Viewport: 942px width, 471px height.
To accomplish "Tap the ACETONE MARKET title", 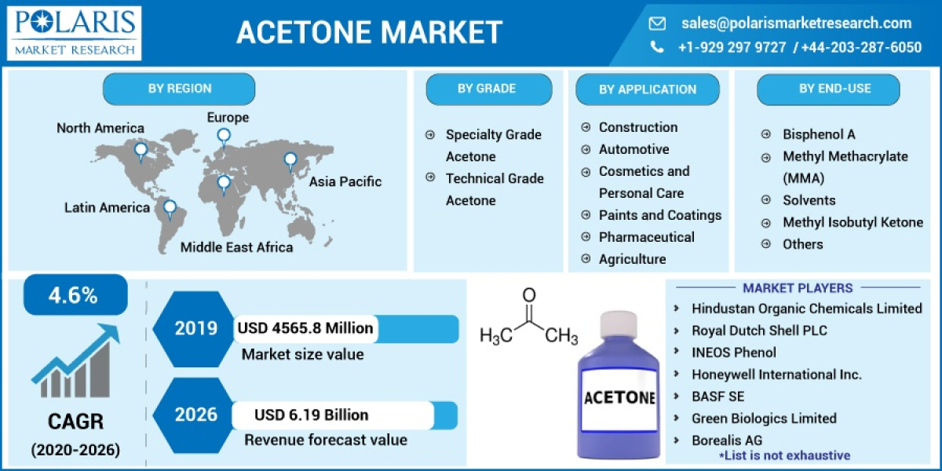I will coord(369,33).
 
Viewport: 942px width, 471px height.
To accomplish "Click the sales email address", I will coord(796,23).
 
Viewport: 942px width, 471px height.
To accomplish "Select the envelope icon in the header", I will coord(657,24).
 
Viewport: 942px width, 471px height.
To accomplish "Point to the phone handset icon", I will coord(657,47).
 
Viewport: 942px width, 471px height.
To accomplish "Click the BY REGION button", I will coord(179,89).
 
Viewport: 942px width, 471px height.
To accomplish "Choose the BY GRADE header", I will coord(487,89).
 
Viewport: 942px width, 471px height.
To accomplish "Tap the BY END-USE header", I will coord(834,89).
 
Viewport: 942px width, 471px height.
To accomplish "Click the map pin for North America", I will coord(141,149).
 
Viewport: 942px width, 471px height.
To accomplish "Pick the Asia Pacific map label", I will coord(345,182).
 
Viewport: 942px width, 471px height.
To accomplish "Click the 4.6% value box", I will coord(74,295).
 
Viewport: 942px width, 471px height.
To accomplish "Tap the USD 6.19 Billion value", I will coord(311,414).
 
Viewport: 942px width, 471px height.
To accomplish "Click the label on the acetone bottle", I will coord(619,396).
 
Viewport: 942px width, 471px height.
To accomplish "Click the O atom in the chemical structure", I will coord(529,296).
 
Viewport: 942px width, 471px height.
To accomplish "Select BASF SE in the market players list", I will coord(717,396).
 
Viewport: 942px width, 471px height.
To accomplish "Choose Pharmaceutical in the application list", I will coord(646,237).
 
